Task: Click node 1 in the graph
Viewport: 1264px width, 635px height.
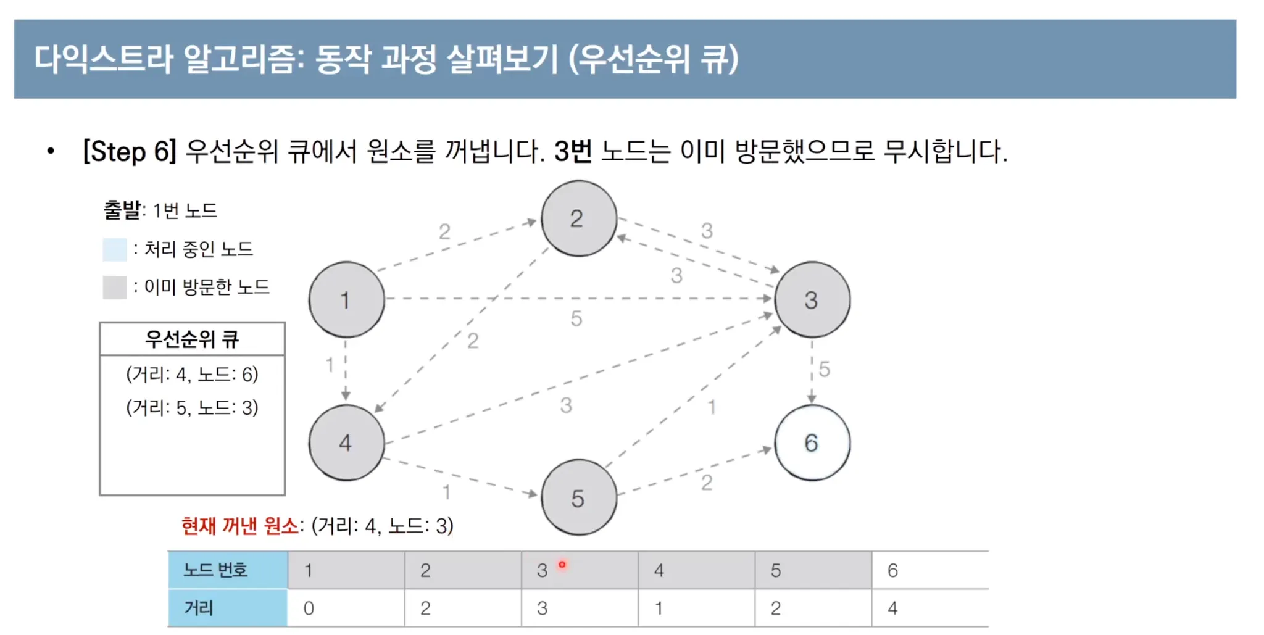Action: [x=346, y=300]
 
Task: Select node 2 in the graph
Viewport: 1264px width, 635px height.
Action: [x=578, y=218]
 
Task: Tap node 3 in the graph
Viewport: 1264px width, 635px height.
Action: [x=812, y=300]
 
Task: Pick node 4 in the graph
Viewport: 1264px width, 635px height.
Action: [x=346, y=442]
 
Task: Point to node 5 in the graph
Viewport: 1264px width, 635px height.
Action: [x=578, y=498]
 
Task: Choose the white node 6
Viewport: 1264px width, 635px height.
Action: [x=812, y=442]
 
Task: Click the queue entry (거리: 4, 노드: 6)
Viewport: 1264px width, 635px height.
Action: [x=192, y=375]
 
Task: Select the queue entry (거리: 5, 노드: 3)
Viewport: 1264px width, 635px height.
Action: [x=192, y=408]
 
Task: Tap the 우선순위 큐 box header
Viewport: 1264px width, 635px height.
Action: [x=192, y=339]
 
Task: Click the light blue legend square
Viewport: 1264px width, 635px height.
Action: [x=115, y=249]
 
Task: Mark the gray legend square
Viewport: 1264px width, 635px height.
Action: [x=115, y=287]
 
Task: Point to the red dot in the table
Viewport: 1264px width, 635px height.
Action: [x=562, y=564]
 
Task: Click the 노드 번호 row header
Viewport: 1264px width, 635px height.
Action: [x=227, y=570]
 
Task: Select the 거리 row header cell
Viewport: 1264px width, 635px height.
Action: [x=227, y=608]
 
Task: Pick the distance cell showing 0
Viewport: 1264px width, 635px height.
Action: [x=346, y=608]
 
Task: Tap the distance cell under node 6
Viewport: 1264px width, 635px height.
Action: [x=929, y=608]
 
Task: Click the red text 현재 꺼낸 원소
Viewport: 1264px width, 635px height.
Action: [x=239, y=526]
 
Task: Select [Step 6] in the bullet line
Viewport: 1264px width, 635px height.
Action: [x=130, y=152]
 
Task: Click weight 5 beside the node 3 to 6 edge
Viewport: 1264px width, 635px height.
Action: [x=825, y=369]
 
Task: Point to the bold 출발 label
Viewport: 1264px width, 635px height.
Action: [x=122, y=210]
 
